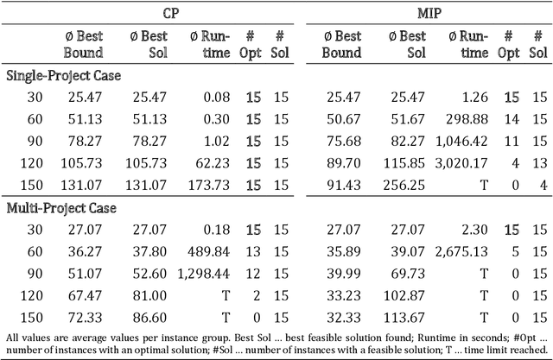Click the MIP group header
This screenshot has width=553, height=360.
coord(429,14)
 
